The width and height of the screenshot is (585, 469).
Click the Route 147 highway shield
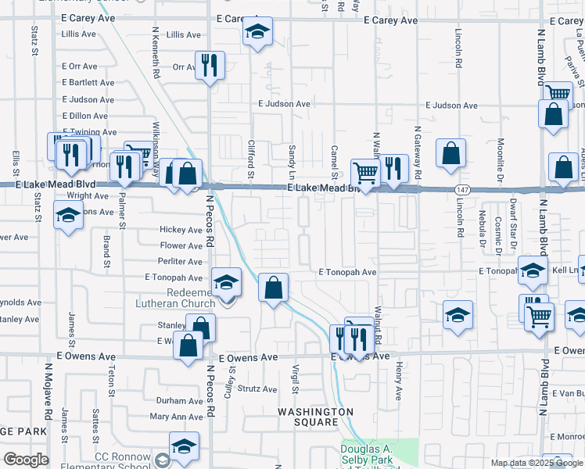pos(463,189)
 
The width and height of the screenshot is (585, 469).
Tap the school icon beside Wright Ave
pos(68,213)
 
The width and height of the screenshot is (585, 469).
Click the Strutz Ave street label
pos(258,389)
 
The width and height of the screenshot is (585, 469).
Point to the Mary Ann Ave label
pos(176,417)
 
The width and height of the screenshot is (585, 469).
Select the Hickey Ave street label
pos(181,230)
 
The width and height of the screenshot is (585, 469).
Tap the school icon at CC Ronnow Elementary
pos(184,447)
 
